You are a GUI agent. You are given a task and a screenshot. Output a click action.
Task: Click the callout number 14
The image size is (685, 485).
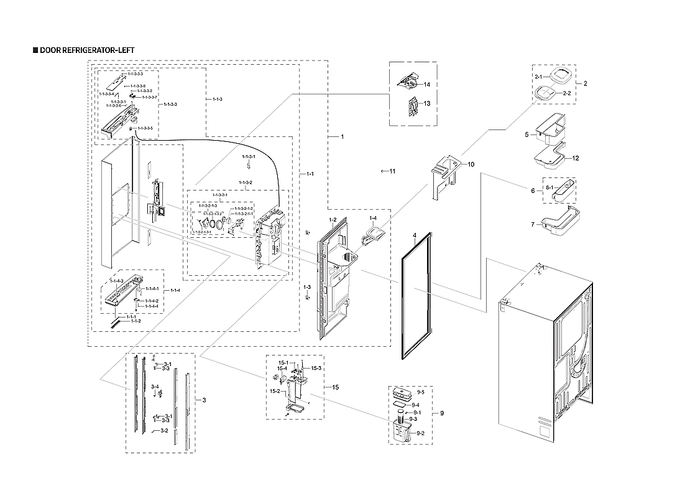(427, 84)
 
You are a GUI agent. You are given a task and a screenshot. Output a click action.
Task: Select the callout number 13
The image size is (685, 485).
(427, 103)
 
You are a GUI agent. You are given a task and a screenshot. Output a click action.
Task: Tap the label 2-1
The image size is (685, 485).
(538, 76)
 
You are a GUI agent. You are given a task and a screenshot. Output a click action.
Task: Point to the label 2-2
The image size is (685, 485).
(567, 93)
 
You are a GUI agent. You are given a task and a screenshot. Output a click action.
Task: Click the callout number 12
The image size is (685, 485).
(576, 158)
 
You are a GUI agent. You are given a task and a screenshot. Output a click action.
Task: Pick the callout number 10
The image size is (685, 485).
(471, 164)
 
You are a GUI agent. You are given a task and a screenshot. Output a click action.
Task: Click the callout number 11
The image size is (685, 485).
(392, 171)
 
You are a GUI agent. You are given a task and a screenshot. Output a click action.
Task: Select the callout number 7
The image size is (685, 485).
(533, 224)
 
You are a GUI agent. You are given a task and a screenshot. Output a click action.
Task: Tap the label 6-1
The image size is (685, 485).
(549, 187)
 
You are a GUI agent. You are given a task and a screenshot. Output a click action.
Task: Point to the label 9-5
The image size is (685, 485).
(420, 392)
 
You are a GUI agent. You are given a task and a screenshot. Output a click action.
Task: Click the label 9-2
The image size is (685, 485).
(420, 433)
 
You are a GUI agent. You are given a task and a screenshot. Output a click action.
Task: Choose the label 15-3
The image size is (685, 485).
(316, 369)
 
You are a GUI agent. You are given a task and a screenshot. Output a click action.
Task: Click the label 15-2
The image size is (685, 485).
(274, 391)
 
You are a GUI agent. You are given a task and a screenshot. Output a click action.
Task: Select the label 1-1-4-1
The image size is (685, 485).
(152, 289)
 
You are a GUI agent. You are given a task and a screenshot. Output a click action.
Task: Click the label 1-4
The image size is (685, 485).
(373, 219)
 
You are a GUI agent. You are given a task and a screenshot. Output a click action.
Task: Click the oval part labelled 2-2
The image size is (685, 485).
(545, 92)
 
